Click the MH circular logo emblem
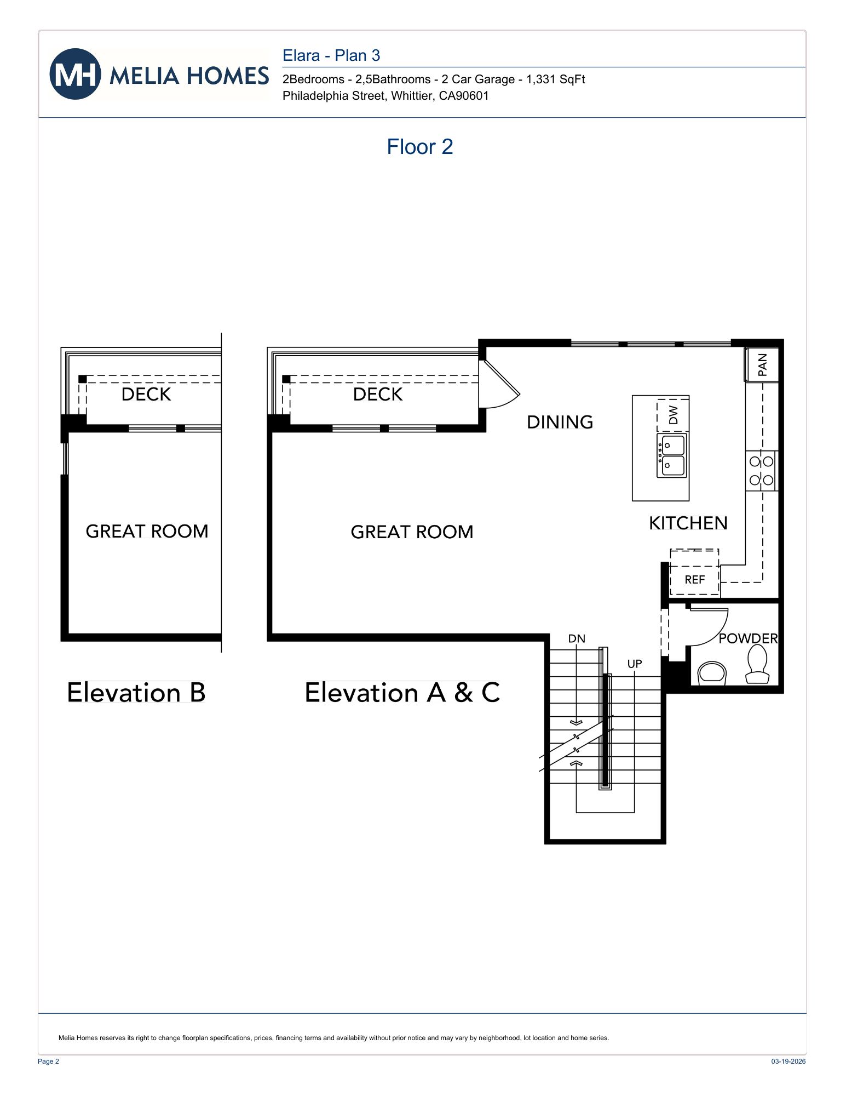pyautogui.click(x=75, y=74)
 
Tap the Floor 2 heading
pyautogui.click(x=419, y=147)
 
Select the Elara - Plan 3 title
pyautogui.click(x=331, y=55)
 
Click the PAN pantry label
pyautogui.click(x=762, y=364)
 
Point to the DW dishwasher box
pyautogui.click(x=673, y=415)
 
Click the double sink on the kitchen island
pyautogui.click(x=672, y=456)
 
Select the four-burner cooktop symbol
pyautogui.click(x=761, y=471)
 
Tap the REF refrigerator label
pyautogui.click(x=694, y=580)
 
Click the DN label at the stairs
pyautogui.click(x=577, y=638)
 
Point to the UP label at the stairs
pyautogui.click(x=634, y=664)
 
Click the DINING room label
pyautogui.click(x=560, y=422)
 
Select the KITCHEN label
pyautogui.click(x=688, y=523)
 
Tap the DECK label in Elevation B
pyautogui.click(x=146, y=394)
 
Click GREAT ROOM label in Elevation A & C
pyautogui.click(x=412, y=532)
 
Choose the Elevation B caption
pyautogui.click(x=136, y=692)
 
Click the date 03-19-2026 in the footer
pyautogui.click(x=788, y=1061)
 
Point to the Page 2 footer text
pyautogui.click(x=48, y=1061)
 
